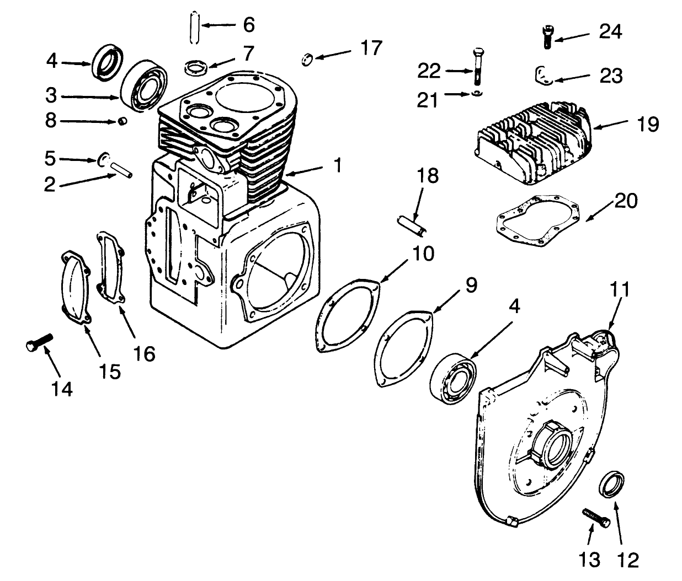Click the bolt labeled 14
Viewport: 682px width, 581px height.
[x=39, y=342]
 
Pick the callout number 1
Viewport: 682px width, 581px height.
[x=337, y=164]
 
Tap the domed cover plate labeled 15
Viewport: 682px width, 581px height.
[x=74, y=289]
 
